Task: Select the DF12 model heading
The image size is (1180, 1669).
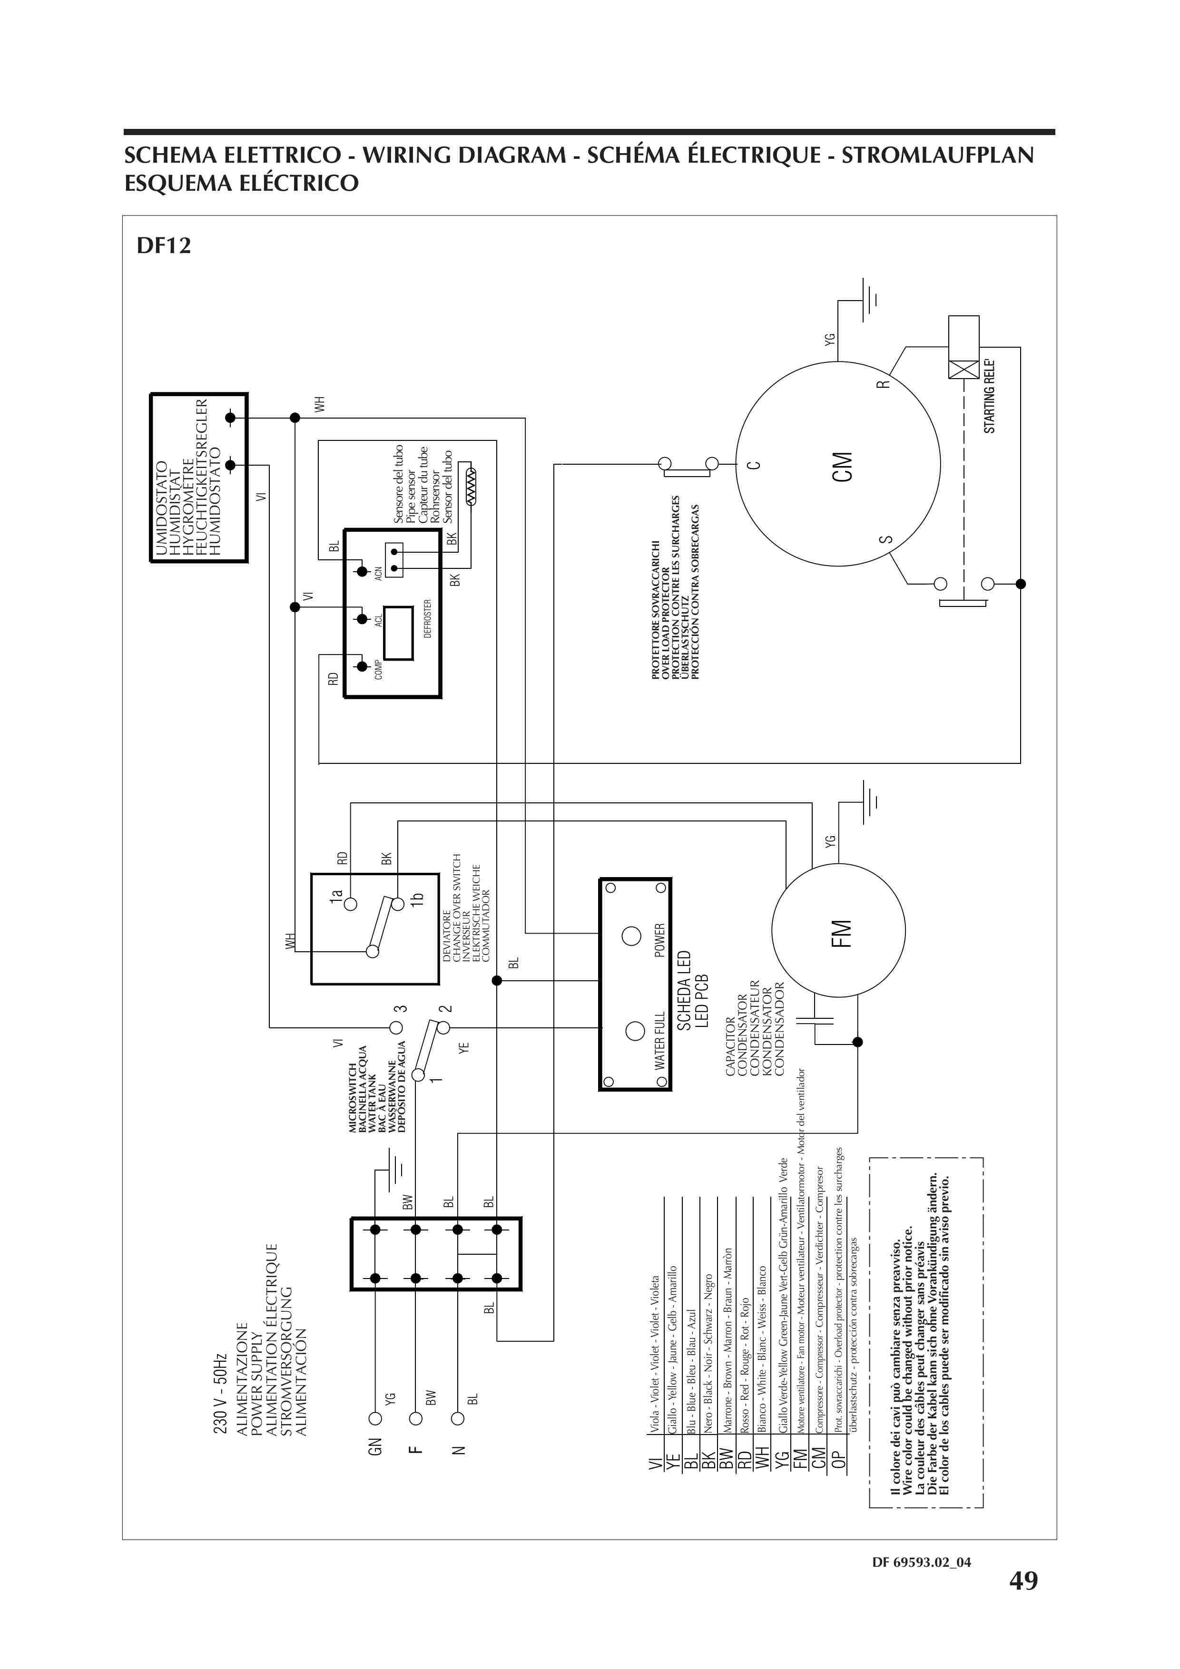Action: pyautogui.click(x=164, y=246)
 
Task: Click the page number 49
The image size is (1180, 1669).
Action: pyautogui.click(x=1023, y=1581)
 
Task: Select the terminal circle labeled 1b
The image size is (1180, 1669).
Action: pyautogui.click(x=398, y=904)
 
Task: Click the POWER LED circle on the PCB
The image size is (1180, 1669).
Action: pyautogui.click(x=631, y=936)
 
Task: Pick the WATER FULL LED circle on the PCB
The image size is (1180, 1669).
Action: pyautogui.click(x=635, y=1031)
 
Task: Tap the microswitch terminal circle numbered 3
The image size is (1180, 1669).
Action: pyautogui.click(x=396, y=1027)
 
